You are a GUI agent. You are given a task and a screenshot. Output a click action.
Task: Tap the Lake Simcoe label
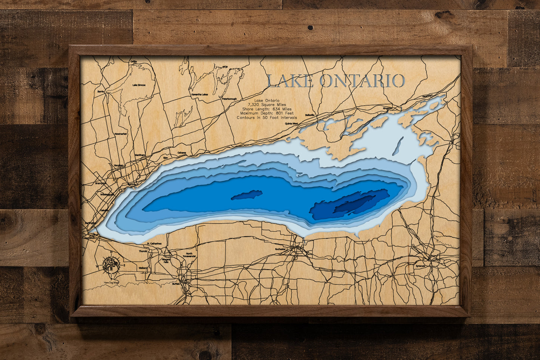139,85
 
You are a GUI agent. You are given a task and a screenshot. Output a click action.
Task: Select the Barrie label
100,91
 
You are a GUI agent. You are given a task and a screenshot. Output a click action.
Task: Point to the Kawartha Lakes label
200,95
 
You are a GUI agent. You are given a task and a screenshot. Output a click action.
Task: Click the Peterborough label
229,99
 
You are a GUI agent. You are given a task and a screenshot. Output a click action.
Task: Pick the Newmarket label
121,134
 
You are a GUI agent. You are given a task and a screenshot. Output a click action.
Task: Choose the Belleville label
310,115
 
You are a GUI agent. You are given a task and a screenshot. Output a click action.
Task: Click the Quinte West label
291,123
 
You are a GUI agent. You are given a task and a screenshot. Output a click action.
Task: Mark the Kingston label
388,108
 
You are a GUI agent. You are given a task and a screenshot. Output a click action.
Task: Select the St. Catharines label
154,244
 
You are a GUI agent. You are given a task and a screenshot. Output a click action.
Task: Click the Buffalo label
176,284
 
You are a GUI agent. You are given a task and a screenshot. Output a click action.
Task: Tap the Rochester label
280,249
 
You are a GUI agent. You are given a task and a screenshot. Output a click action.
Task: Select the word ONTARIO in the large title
362,81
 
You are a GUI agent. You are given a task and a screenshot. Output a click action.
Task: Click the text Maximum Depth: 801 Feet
267,113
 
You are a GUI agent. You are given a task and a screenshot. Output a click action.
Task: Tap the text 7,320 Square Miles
266,105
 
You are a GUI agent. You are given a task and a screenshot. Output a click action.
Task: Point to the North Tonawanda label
189,255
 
